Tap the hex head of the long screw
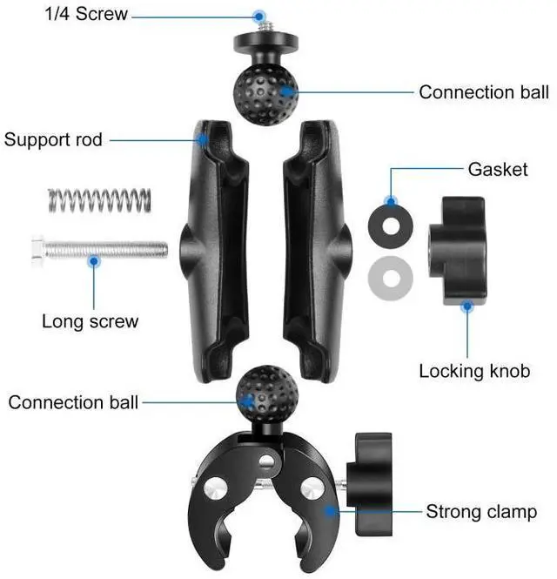click(x=37, y=250)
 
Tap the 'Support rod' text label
click(x=53, y=139)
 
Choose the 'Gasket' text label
click(x=498, y=169)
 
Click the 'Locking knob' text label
click(x=474, y=371)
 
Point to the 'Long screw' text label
click(x=90, y=320)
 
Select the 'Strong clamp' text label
click(x=481, y=511)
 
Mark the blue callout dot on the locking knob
click(x=467, y=306)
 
